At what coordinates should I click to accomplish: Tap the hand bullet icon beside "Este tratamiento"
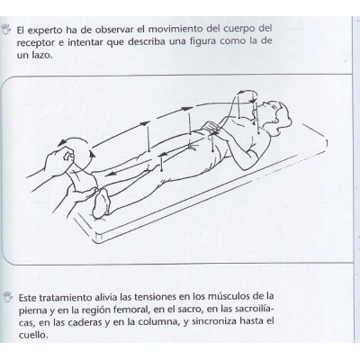[x=9, y=294]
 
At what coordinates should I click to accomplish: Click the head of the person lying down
[x=287, y=118]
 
